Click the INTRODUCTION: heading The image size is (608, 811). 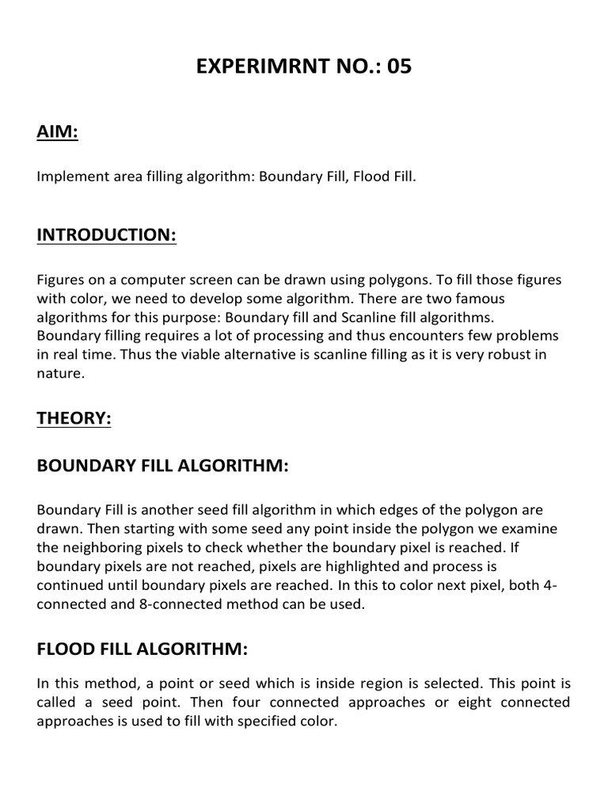pyautogui.click(x=106, y=235)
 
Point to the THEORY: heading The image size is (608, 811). pyautogui.click(x=74, y=419)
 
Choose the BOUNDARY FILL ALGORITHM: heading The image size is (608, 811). pyautogui.click(x=162, y=466)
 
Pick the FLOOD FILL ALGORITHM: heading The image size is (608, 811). pyautogui.click(x=142, y=649)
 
